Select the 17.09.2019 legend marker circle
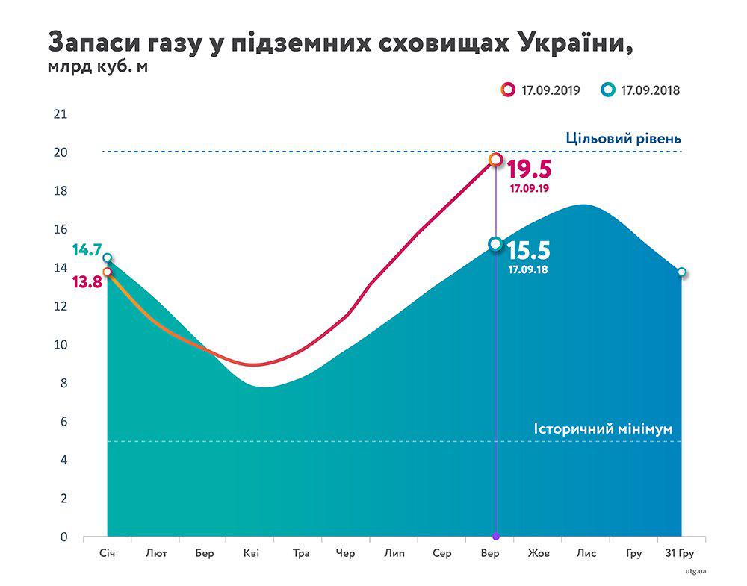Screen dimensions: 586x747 point(509,90)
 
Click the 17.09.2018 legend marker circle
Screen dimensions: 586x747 point(608,90)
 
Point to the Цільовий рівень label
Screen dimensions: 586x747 point(623,139)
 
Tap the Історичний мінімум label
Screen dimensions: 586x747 point(603,429)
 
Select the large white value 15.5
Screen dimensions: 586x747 point(529,250)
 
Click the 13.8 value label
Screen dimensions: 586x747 point(87,281)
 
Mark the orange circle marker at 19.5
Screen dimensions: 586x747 point(495,159)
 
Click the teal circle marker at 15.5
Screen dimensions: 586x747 point(495,244)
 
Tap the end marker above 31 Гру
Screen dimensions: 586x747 point(681,272)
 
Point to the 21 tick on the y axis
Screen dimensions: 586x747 point(60,114)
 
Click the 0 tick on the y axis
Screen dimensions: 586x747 point(63,537)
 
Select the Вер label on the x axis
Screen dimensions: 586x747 point(490,553)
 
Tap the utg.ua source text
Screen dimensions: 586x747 point(695,573)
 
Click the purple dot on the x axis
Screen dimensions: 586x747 point(495,537)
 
